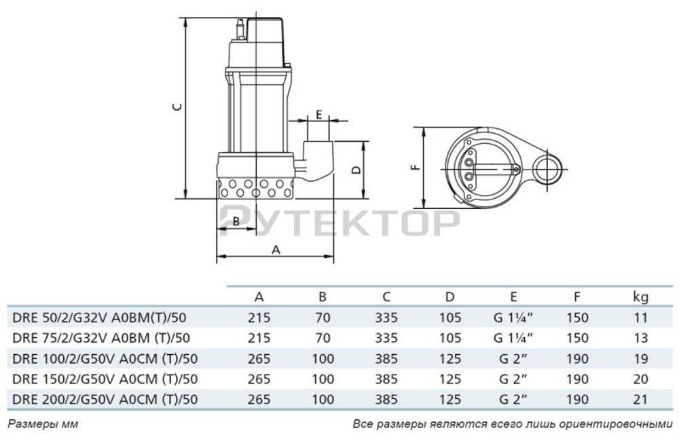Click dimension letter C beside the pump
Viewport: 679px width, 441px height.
pyautogui.click(x=176, y=107)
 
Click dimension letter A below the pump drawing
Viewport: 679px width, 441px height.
pyautogui.click(x=276, y=249)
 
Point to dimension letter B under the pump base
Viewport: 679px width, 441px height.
pyautogui.click(x=236, y=220)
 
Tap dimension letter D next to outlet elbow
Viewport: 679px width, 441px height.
pyautogui.click(x=355, y=170)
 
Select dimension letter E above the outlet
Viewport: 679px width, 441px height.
pyautogui.click(x=318, y=114)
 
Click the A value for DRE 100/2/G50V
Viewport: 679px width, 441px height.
pyautogui.click(x=259, y=358)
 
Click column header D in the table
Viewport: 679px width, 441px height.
pyautogui.click(x=449, y=296)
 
